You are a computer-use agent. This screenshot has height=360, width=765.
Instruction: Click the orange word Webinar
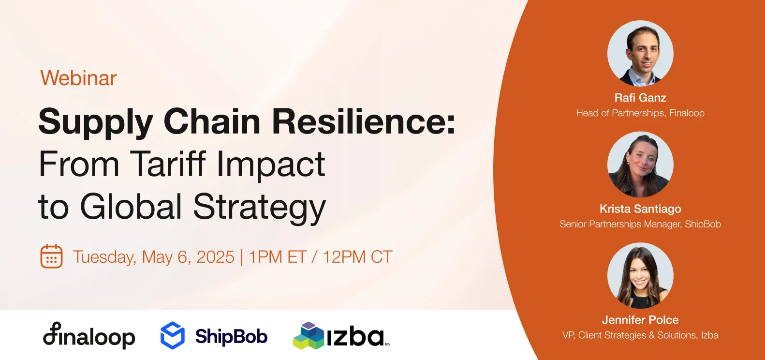click(x=78, y=78)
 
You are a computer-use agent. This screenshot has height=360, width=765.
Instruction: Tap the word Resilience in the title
click(x=363, y=122)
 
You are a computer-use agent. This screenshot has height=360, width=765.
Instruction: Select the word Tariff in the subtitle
click(x=168, y=165)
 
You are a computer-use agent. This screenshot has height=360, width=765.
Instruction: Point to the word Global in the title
click(x=131, y=207)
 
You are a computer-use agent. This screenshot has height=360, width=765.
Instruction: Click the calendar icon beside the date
click(x=51, y=256)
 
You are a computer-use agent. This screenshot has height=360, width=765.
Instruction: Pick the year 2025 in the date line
click(x=215, y=257)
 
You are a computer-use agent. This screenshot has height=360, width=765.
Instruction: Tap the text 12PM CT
click(x=357, y=257)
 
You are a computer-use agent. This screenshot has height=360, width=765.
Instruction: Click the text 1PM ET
click(x=278, y=257)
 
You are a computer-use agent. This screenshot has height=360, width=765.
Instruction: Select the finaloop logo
click(x=89, y=336)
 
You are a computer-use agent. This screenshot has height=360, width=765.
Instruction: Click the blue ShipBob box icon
click(x=173, y=335)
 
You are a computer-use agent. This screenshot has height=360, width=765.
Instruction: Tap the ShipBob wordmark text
click(x=231, y=336)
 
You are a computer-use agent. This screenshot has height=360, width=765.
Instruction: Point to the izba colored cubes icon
click(x=308, y=336)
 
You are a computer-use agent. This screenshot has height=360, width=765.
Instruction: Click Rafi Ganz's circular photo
click(x=640, y=53)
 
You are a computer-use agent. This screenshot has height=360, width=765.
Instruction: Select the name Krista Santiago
click(x=640, y=209)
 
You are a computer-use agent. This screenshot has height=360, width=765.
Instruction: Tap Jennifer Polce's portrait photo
click(x=640, y=275)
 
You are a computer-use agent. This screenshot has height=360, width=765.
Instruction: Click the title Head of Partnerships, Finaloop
click(x=640, y=113)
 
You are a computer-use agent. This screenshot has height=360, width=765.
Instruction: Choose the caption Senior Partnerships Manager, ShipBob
click(x=640, y=225)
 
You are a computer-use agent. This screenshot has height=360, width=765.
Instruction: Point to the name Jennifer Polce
click(x=640, y=320)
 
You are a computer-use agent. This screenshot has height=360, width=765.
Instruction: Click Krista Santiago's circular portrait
click(x=640, y=165)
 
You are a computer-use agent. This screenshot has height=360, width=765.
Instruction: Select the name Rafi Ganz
click(x=640, y=98)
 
